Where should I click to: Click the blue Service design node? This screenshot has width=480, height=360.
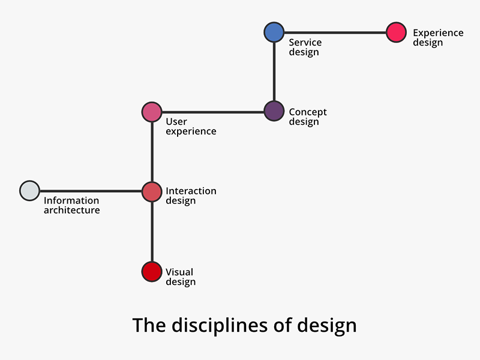[x=274, y=32]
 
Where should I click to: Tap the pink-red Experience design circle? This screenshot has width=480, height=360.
[x=396, y=32]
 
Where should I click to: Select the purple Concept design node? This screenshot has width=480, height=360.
[x=274, y=111]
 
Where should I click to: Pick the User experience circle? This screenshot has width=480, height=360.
[x=152, y=112]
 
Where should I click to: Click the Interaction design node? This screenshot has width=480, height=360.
[x=152, y=191]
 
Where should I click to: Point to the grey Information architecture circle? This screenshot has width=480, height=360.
[x=29, y=190]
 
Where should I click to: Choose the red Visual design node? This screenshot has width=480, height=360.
[x=152, y=271]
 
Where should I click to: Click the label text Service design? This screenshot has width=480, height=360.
[x=305, y=47]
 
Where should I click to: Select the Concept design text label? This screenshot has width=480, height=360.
[x=307, y=117]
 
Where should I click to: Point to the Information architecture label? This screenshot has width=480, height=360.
[x=71, y=205]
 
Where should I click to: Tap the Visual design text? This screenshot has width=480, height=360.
[x=180, y=277]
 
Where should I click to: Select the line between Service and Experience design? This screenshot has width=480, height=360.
[x=335, y=32]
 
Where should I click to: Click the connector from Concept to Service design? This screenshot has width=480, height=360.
[x=274, y=71]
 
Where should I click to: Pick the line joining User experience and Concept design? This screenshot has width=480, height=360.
[x=213, y=112]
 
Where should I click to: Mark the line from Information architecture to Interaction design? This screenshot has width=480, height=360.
[x=90, y=191]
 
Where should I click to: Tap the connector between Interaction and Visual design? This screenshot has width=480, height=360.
[x=152, y=232]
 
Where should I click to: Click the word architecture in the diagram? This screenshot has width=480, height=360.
[x=71, y=211]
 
